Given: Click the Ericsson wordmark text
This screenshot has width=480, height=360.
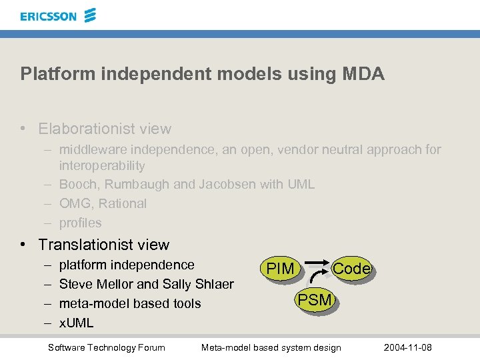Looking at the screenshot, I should (48, 16).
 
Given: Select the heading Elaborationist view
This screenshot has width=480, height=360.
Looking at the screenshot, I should (105, 129).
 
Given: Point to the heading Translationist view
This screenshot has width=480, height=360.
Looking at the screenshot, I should (103, 245).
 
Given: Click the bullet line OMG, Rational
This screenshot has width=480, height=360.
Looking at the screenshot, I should (103, 203).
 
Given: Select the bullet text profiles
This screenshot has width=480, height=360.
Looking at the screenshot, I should (80, 223).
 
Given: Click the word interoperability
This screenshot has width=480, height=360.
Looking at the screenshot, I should (102, 165).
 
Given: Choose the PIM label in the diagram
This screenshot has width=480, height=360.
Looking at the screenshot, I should (280, 269).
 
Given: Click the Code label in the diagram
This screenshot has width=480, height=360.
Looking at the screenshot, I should (351, 268).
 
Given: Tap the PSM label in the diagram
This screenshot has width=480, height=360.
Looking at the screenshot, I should (315, 300).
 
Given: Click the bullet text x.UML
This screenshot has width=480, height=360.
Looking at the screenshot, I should (76, 323).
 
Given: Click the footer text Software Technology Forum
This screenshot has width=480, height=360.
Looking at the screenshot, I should (107, 347).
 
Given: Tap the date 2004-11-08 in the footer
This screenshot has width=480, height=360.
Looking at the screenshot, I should (408, 347).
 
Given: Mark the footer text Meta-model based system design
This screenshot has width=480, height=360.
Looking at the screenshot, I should (271, 347).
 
